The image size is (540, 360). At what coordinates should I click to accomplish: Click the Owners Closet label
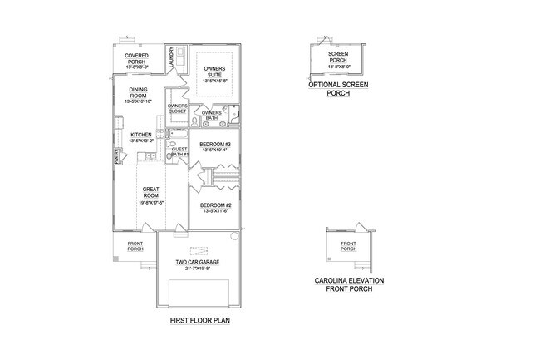click(x=177, y=109)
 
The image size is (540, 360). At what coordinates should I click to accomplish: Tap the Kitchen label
click(x=140, y=135)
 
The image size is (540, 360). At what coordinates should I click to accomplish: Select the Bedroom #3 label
click(x=214, y=142)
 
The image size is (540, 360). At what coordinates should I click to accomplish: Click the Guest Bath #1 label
click(x=180, y=152)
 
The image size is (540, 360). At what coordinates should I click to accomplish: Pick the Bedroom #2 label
click(x=214, y=205)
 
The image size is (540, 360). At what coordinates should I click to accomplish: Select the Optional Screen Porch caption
click(x=338, y=90)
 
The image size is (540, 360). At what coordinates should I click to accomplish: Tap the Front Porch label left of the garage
click(x=135, y=246)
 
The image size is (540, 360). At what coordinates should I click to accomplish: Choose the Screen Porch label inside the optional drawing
click(x=338, y=57)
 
